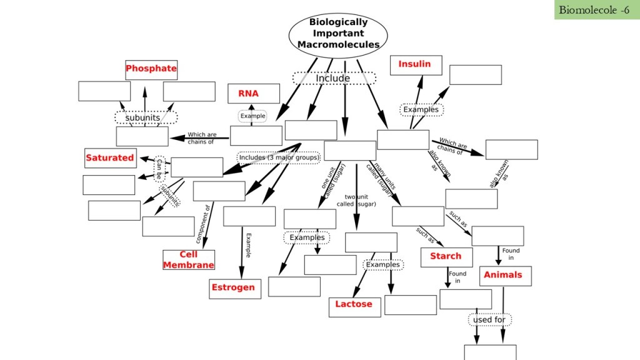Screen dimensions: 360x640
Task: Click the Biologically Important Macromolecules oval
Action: [338, 33]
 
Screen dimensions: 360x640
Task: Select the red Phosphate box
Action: [151, 69]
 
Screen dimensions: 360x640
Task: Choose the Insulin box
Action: [415, 64]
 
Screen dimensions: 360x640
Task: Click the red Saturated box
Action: [110, 158]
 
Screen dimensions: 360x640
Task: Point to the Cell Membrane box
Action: [189, 259]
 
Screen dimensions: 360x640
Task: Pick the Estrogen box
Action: [235, 288]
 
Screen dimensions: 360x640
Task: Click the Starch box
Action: [446, 257]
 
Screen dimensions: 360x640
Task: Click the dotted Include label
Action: [334, 78]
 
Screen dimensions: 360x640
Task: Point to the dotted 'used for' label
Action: [490, 320]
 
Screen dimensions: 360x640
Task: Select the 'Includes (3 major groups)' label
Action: [279, 157]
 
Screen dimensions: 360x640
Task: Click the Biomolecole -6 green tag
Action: [593, 9]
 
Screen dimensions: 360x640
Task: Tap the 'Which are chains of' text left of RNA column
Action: [202, 137]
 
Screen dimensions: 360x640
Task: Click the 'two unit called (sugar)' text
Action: [356, 201]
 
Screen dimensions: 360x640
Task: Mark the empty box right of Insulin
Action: [475, 74]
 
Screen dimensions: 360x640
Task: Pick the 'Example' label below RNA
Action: [252, 116]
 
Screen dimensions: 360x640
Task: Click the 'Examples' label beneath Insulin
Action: [421, 110]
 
